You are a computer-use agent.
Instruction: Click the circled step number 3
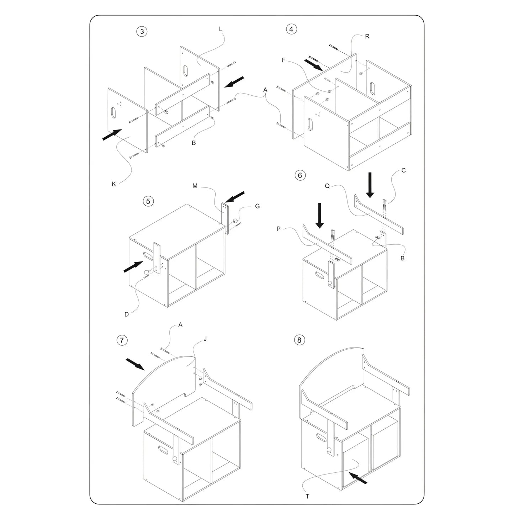pyautogui.click(x=142, y=31)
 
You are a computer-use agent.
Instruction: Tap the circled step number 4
pyautogui.click(x=291, y=29)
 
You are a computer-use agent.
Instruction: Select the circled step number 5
pyautogui.click(x=148, y=201)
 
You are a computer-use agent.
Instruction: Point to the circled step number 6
pyautogui.click(x=300, y=175)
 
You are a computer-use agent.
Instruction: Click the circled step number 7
pyautogui.click(x=122, y=340)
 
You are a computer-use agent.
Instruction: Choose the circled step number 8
pyautogui.click(x=299, y=340)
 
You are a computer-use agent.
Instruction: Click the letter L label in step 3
pyautogui.click(x=221, y=29)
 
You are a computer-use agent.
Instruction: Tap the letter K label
pyautogui.click(x=114, y=184)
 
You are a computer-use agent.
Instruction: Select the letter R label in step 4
pyautogui.click(x=367, y=37)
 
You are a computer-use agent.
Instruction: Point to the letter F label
pyautogui.click(x=284, y=60)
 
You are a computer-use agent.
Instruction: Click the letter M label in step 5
pyautogui.click(x=195, y=186)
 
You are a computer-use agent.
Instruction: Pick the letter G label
pyautogui.click(x=258, y=206)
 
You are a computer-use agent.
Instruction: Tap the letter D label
pyautogui.click(x=127, y=314)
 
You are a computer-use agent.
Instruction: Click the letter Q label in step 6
pyautogui.click(x=327, y=186)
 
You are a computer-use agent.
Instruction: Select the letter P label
pyautogui.click(x=279, y=229)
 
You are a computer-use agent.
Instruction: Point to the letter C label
pyautogui.click(x=404, y=170)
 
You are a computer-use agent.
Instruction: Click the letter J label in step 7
pyautogui.click(x=205, y=339)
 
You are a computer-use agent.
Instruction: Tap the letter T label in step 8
pyautogui.click(x=308, y=497)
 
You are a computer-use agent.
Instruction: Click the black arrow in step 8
pyautogui.click(x=358, y=477)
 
